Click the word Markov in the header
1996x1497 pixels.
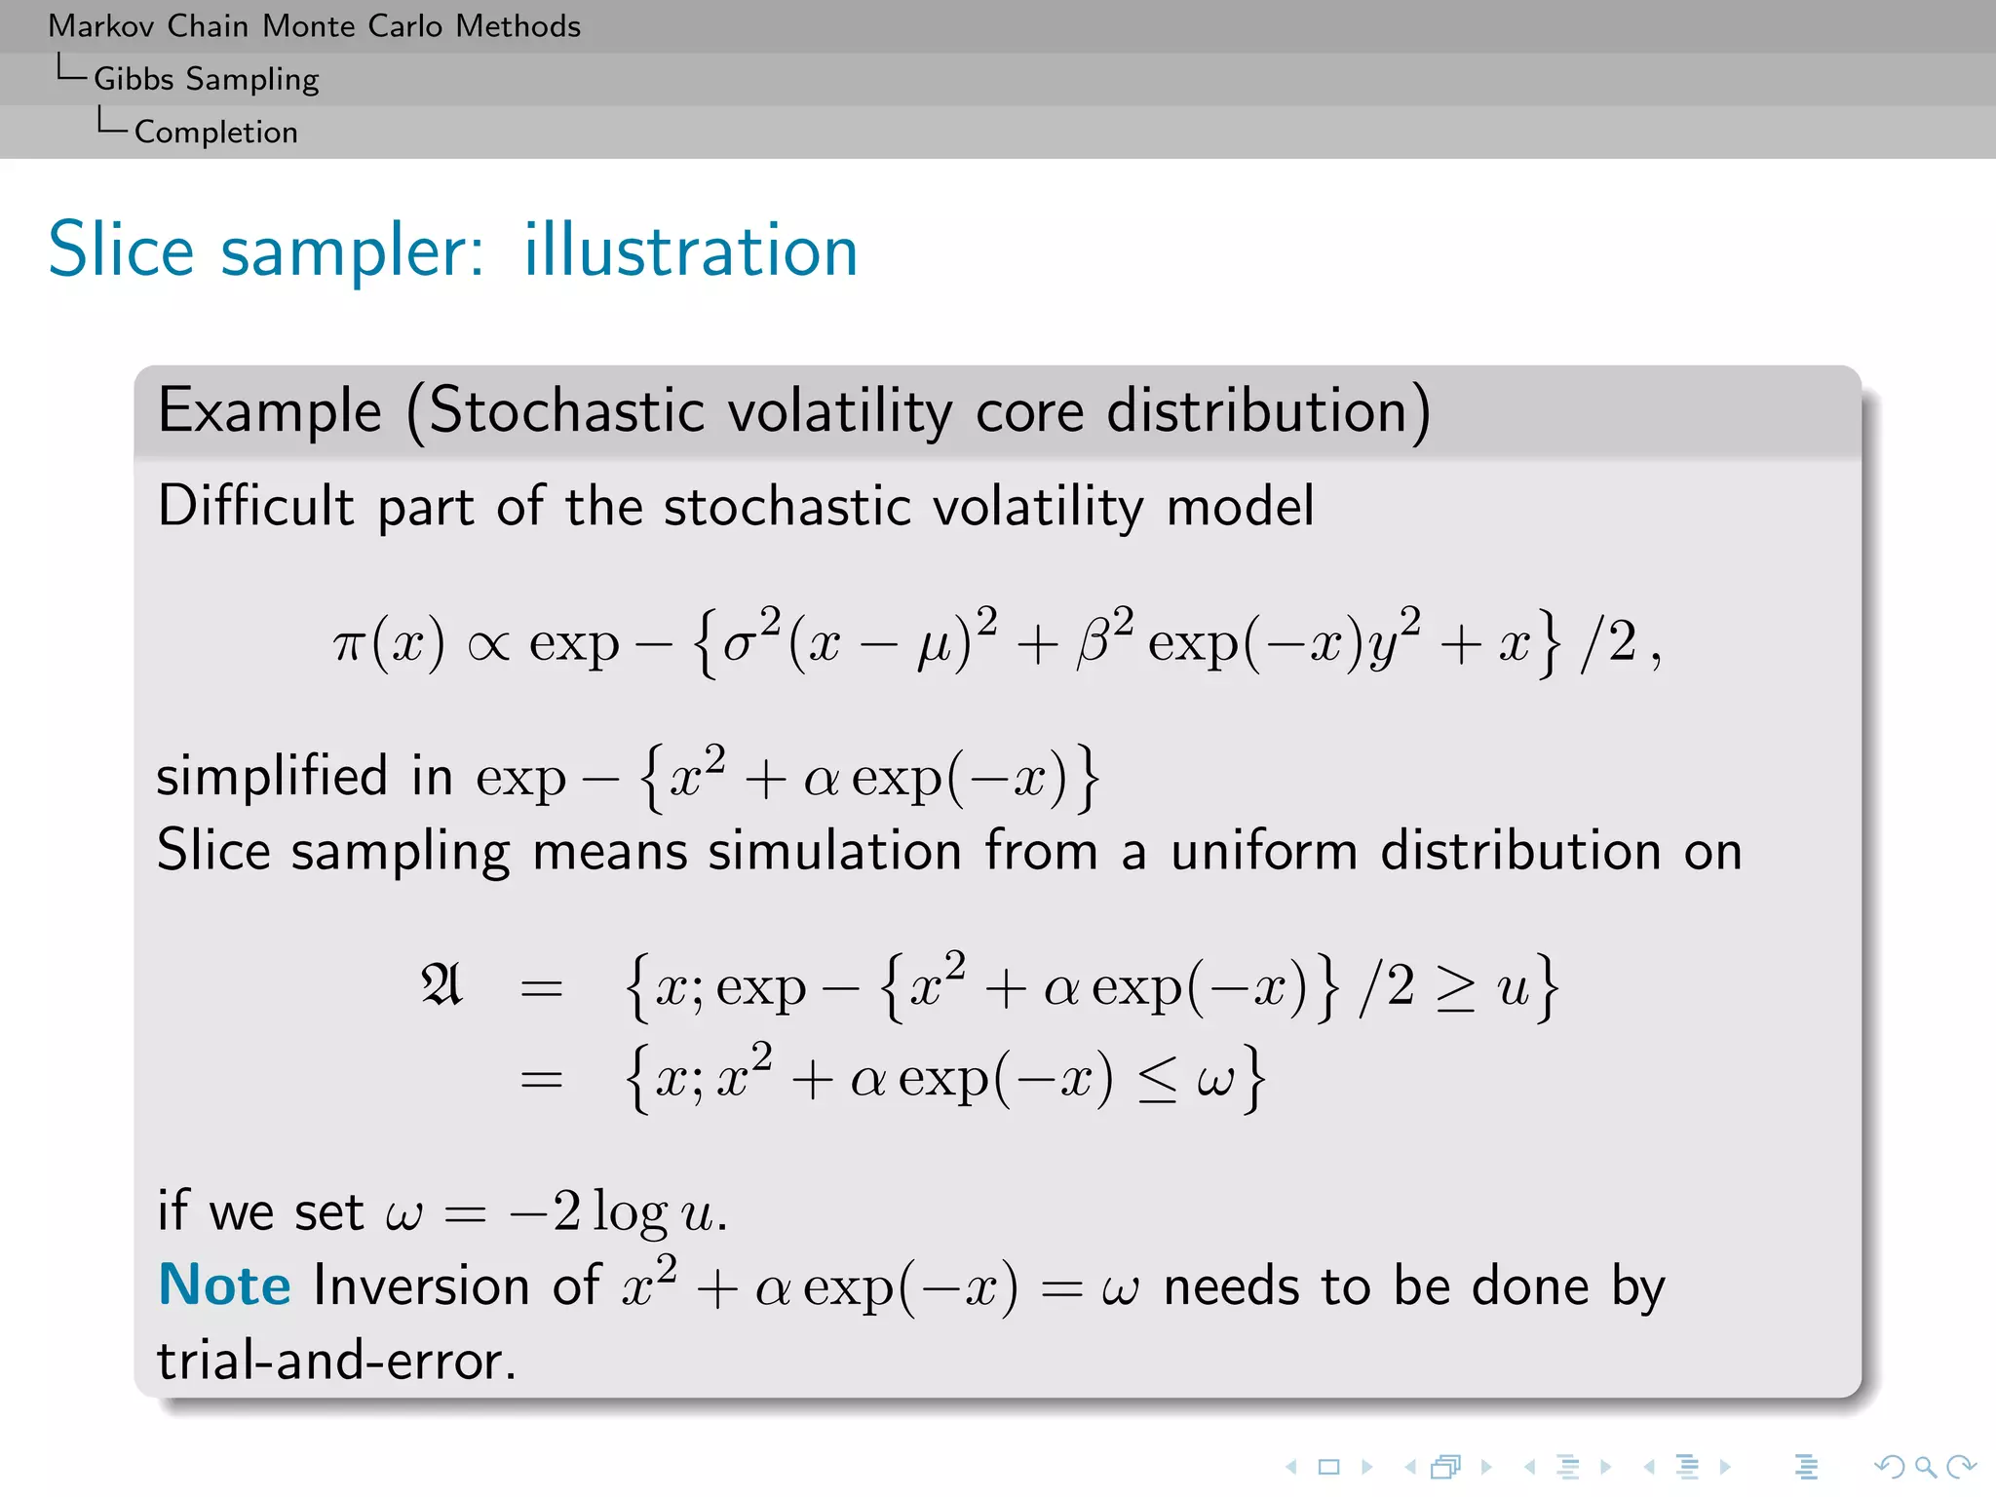point(100,26)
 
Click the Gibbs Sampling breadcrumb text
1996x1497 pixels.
point(206,79)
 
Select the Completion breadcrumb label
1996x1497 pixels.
point(215,132)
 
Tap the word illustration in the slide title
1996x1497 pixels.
point(690,250)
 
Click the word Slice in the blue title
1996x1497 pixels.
point(121,250)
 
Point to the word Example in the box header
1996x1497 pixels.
point(269,410)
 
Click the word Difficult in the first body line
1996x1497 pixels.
point(255,506)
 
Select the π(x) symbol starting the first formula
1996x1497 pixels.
point(388,644)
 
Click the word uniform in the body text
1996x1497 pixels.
point(1263,850)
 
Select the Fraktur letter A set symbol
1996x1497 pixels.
point(441,985)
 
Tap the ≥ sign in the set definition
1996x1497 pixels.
point(1455,989)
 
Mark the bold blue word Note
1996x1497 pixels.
point(224,1285)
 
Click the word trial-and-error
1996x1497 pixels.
point(335,1361)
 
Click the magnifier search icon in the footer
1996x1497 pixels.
point(1925,1467)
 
